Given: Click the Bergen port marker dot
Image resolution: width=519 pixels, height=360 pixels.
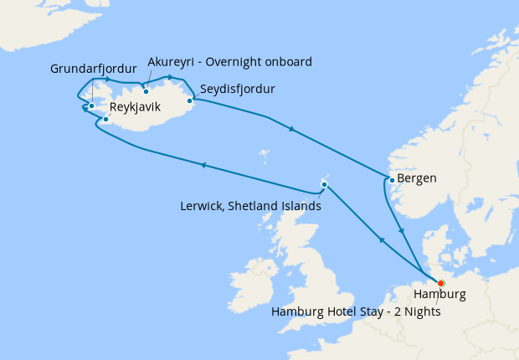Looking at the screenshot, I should click(x=391, y=179).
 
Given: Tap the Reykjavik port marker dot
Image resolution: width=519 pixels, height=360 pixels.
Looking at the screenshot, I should click(x=105, y=120).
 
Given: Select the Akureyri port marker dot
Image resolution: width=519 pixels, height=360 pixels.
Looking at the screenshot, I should click(x=146, y=92).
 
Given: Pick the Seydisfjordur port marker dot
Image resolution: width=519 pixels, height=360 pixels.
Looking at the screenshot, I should click(x=190, y=101).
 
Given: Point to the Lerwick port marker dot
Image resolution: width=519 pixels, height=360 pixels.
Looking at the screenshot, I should click(x=324, y=185).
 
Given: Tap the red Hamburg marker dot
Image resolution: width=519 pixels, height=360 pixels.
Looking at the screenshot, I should click(x=441, y=283).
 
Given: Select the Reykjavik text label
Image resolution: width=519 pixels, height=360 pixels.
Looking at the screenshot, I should click(x=135, y=106).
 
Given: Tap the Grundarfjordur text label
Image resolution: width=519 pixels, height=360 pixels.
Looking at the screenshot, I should click(x=92, y=69).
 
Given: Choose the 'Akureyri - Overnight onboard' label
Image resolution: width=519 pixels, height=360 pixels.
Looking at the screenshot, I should click(x=229, y=62).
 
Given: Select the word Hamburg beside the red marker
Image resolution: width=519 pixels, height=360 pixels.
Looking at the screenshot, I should click(x=440, y=296).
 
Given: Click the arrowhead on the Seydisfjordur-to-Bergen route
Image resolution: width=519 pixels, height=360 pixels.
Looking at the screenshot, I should click(x=290, y=129).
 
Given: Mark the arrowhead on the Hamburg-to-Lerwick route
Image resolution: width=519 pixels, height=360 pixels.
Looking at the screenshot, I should click(x=382, y=240).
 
